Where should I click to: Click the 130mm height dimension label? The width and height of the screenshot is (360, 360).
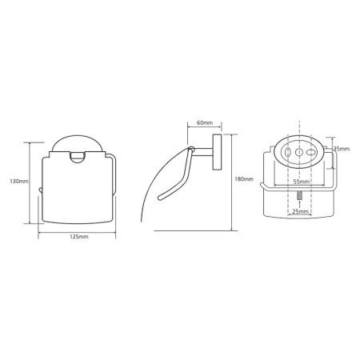coord(19,182)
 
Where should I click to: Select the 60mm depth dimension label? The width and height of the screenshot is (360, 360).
coord(205,122)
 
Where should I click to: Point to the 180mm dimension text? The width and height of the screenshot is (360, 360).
coord(244,179)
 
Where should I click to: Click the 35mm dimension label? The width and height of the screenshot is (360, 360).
coord(342,149)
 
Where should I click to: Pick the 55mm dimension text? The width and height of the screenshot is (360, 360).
coord(302,182)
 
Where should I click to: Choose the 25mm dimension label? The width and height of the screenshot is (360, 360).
coord(301,212)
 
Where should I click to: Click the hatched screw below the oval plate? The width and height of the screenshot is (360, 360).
coord(300,196)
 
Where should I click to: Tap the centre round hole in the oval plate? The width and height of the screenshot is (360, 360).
coord(299,152)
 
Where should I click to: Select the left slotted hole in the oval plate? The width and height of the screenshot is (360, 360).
coord(287,152)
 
